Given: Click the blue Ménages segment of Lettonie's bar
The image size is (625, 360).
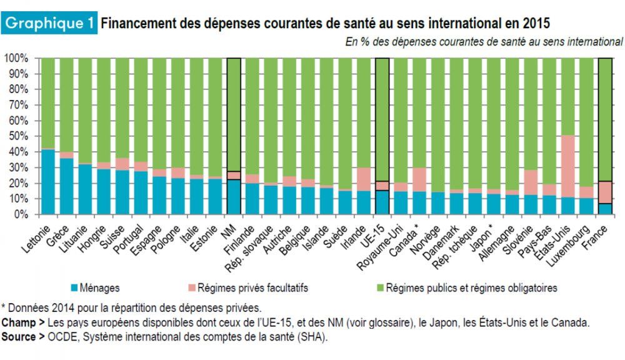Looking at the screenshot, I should [47, 182].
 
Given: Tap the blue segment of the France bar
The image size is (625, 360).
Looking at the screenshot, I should [606, 209].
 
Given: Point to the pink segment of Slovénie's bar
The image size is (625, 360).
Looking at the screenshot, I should [531, 182].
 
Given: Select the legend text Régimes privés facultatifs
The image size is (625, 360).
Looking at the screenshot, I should [252, 288].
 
